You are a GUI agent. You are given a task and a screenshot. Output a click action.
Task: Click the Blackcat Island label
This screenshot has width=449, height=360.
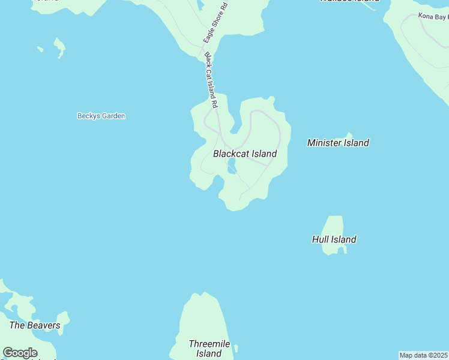[245, 154]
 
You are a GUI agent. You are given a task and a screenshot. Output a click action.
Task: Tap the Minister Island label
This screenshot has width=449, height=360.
[338, 143]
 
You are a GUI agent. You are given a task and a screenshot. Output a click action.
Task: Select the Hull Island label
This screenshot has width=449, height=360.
[334, 239]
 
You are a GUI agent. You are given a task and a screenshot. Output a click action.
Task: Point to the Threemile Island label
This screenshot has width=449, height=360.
[205, 349]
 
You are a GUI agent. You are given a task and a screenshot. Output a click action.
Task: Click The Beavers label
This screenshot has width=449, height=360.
[35, 325]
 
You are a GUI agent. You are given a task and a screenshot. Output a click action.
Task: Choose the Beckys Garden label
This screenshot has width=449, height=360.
[101, 116]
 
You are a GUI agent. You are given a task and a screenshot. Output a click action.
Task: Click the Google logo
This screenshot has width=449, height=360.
[20, 352]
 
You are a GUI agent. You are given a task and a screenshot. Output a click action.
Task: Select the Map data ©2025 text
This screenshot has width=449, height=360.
[424, 355]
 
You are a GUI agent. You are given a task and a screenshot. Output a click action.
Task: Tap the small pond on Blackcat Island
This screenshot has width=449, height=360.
[232, 169]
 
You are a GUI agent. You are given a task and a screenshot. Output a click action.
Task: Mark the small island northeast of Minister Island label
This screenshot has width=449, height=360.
[348, 136]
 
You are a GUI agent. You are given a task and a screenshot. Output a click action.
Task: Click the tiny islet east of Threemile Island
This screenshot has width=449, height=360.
[237, 348]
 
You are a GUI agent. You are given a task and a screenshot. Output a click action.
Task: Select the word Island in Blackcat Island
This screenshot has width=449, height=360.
[264, 154]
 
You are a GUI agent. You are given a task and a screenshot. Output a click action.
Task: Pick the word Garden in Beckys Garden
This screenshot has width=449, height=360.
[113, 116]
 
